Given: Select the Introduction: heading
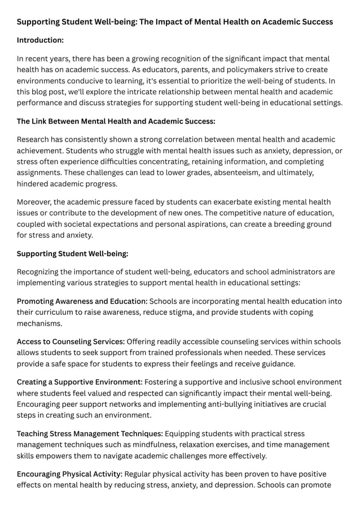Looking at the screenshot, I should [x=40, y=40].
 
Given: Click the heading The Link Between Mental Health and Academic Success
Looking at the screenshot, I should [x=116, y=121].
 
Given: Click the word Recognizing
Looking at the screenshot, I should [x=42, y=272].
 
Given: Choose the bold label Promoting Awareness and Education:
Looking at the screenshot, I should [x=82, y=301].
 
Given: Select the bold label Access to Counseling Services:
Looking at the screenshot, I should [x=71, y=341].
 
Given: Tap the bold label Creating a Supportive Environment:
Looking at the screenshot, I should [x=80, y=382].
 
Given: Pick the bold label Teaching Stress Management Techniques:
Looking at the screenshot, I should [x=90, y=433].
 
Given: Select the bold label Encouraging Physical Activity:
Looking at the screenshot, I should [x=69, y=474].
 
